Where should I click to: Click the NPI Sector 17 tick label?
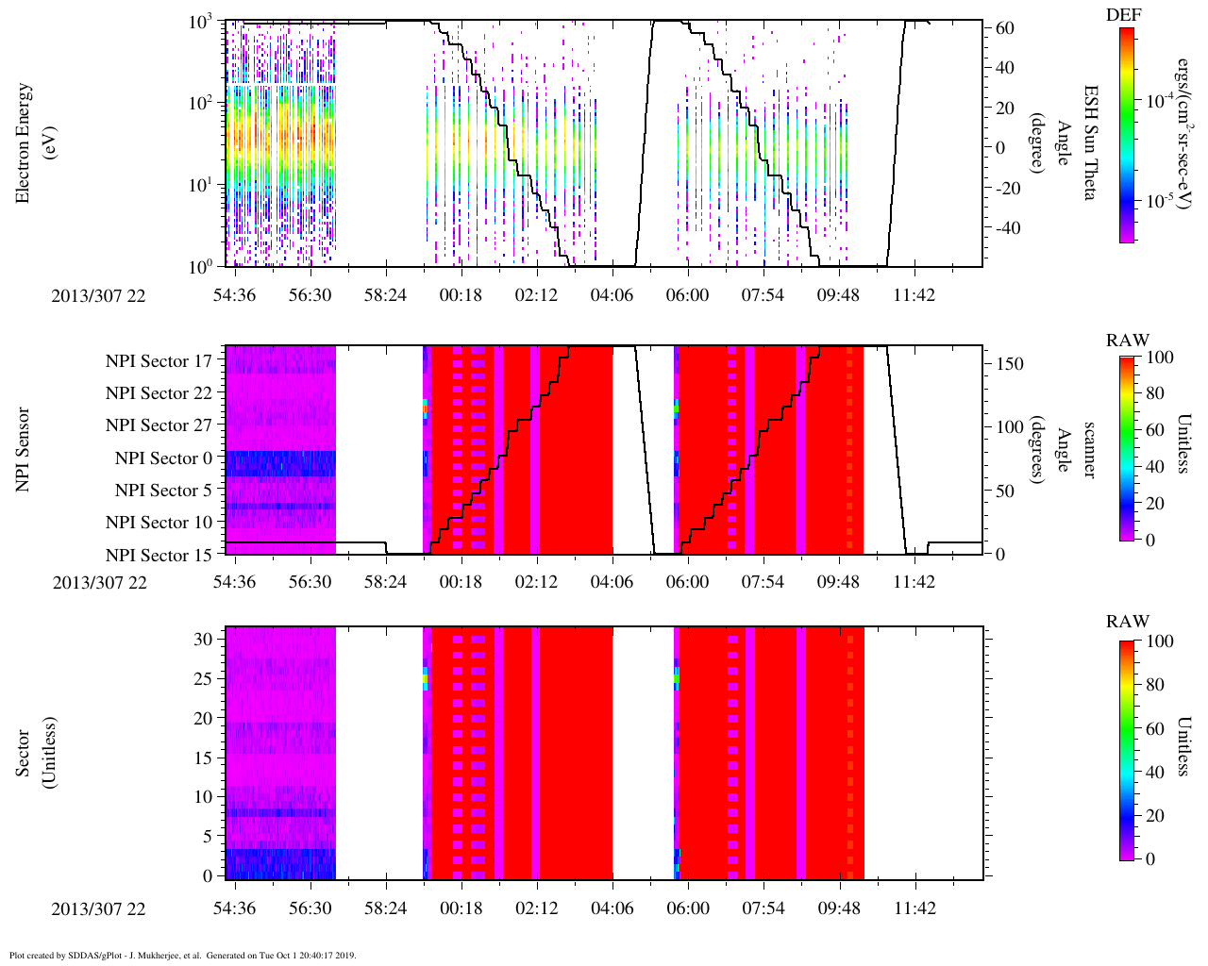pyautogui.click(x=159, y=360)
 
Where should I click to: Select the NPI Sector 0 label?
pyautogui.click(x=164, y=458)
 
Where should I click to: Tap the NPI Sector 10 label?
pyautogui.click(x=159, y=523)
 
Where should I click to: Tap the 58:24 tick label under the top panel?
pyautogui.click(x=385, y=295)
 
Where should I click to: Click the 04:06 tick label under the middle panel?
pyautogui.click(x=612, y=582)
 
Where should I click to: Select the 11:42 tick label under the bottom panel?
pyautogui.click(x=914, y=908)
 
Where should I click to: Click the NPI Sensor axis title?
pyautogui.click(x=24, y=449)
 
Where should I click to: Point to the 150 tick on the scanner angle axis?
pyautogui.click(x=1010, y=364)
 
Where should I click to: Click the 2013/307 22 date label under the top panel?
pyautogui.click(x=100, y=295)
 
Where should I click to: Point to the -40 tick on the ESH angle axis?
pyautogui.click(x=1004, y=228)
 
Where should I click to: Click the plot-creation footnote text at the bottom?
pyautogui.click(x=182, y=956)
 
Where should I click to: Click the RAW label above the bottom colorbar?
pyautogui.click(x=1128, y=622)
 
